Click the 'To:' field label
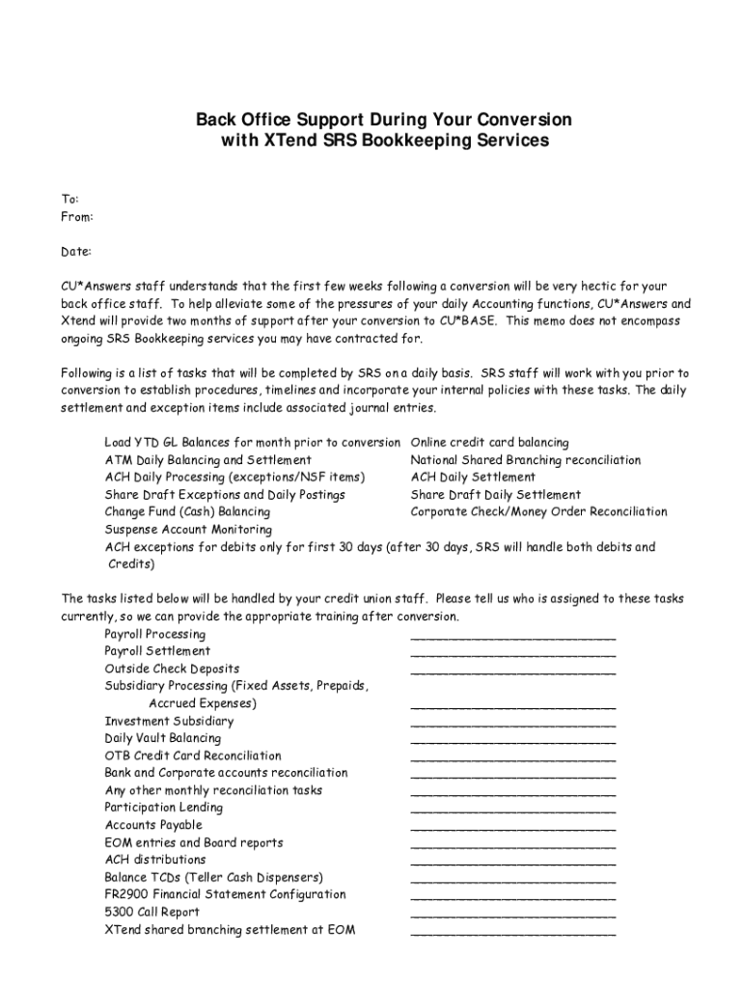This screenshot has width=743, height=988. click(70, 199)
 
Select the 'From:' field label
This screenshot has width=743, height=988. click(77, 216)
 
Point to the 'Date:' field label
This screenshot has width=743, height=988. click(76, 252)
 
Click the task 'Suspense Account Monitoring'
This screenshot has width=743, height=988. click(188, 530)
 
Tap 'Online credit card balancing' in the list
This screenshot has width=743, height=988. click(489, 443)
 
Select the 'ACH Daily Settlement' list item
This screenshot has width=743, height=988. click(473, 478)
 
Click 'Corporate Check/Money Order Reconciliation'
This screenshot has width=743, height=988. click(538, 512)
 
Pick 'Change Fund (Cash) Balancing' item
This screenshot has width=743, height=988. click(187, 512)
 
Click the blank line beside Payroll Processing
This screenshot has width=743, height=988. click(512, 639)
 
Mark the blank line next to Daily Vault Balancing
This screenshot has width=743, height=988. click(512, 743)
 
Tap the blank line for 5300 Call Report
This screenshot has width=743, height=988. click(512, 917)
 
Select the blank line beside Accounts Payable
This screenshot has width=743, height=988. click(512, 830)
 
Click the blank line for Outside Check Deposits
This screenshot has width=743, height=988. click(512, 673)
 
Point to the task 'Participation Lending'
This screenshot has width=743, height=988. click(163, 808)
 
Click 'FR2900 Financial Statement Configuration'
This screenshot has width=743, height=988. click(225, 894)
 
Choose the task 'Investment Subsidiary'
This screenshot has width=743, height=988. click(169, 721)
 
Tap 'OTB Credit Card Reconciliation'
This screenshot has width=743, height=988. click(193, 755)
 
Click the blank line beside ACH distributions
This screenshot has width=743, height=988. click(512, 864)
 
